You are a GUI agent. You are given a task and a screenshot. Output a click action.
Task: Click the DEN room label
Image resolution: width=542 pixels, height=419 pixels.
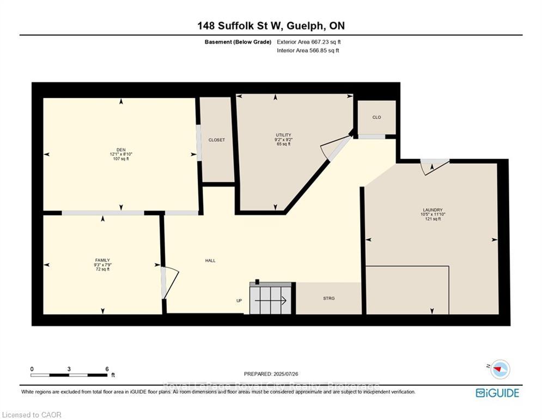coord(121,149)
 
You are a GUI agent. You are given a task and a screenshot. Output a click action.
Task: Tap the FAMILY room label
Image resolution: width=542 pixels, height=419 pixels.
coord(102,260)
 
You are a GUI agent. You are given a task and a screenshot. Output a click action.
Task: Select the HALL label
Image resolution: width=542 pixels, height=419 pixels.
coord(210,260)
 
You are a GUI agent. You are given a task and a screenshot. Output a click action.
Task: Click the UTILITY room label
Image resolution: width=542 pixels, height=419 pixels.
coord(283,135)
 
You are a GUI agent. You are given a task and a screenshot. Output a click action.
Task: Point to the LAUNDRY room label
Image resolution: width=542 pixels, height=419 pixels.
coord(433,209)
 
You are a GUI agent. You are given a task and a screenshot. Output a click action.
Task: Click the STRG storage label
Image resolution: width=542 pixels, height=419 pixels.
coord(328,298)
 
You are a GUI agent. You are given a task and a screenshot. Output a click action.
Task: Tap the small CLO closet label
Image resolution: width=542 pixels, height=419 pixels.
coord(376,117)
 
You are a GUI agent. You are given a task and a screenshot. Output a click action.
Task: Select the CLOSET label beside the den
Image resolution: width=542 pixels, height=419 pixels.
coord(216,140)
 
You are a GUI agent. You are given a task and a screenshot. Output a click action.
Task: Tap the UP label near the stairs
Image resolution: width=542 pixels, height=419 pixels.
coord(239,300)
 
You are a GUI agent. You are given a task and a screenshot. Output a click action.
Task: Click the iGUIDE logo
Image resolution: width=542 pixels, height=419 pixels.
coord(497,392)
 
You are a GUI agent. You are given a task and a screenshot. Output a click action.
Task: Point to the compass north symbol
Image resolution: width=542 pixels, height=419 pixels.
coord(499,370)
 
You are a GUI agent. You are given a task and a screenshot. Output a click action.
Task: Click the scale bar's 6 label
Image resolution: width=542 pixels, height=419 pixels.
coord(107,369)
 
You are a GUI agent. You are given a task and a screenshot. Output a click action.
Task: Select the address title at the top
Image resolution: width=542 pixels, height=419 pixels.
coord(271,26)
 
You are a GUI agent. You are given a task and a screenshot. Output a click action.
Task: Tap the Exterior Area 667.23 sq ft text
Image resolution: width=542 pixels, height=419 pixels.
coord(309,42)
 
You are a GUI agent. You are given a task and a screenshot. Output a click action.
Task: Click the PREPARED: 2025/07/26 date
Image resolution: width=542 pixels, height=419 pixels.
coord(271,374)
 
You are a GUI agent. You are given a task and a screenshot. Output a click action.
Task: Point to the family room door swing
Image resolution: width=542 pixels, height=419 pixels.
coord(170,282)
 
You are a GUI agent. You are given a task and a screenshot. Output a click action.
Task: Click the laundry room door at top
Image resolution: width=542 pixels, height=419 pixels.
coord(434,165)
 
